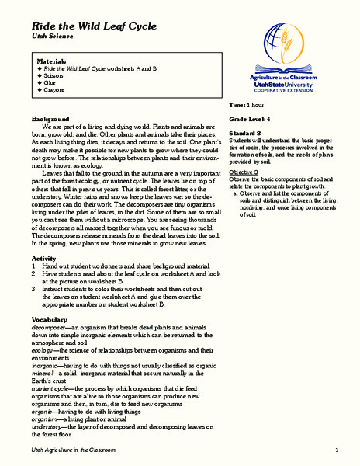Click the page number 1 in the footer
tap(337, 450)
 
